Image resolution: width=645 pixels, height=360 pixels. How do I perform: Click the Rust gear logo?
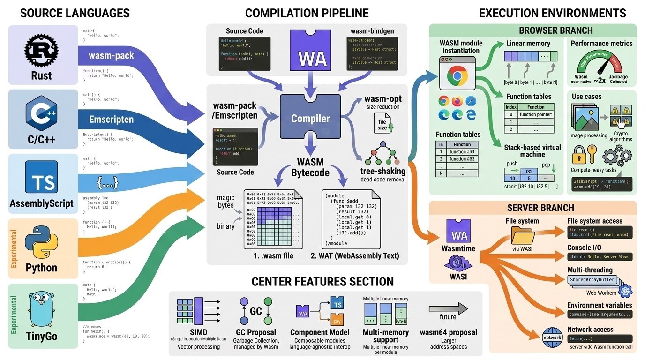41,50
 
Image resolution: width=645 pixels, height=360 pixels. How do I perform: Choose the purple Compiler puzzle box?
310,119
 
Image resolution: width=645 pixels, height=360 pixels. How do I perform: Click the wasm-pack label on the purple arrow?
111,56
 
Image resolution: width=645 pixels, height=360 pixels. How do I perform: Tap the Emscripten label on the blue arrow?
111,120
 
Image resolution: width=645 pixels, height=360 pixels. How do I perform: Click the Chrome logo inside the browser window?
457,76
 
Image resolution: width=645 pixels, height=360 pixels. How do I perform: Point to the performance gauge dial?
601,65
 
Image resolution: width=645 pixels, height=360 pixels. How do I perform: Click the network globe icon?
552,337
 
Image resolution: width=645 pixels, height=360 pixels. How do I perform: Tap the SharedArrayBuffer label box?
592,280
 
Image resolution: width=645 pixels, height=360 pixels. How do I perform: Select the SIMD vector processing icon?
191,311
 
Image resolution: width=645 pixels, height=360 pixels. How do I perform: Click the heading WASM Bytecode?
310,167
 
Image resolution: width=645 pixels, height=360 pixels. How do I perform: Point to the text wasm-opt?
382,99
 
